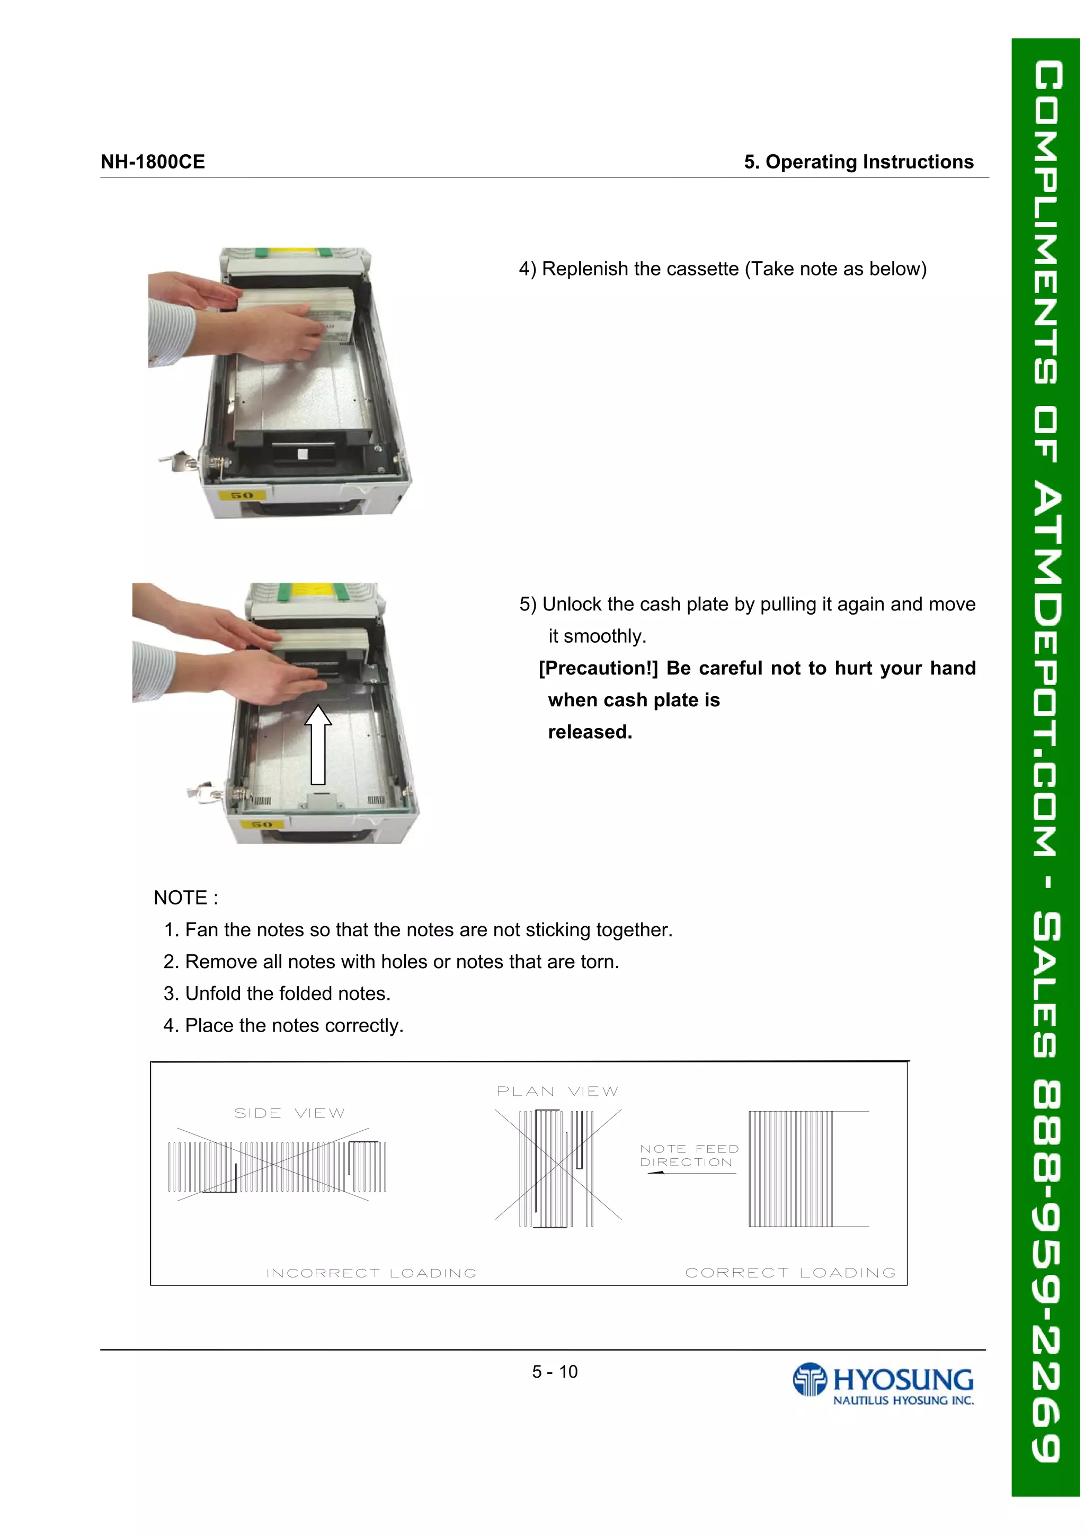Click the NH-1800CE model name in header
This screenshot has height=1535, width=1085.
(x=153, y=162)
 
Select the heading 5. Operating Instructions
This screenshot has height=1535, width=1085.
(x=858, y=162)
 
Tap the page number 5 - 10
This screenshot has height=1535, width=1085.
(x=554, y=1372)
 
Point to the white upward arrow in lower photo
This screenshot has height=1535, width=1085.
(x=318, y=743)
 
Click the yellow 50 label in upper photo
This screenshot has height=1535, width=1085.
(x=242, y=495)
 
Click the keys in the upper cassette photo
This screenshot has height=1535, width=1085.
(x=177, y=462)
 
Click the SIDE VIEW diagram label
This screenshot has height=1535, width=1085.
(x=289, y=1113)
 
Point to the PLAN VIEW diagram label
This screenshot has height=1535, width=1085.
(x=557, y=1091)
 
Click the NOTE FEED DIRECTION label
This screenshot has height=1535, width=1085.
(x=689, y=1155)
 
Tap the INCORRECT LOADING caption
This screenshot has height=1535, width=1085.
(x=372, y=1273)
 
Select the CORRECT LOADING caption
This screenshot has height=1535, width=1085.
(x=790, y=1272)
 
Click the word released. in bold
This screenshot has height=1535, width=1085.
(x=590, y=732)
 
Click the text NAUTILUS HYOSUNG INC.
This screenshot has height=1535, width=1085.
(x=903, y=1400)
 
